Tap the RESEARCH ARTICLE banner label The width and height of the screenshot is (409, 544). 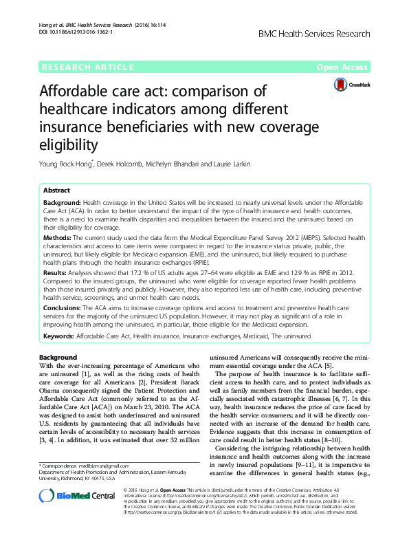tap(87, 67)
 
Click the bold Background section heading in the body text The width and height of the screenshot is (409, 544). tap(58, 358)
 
